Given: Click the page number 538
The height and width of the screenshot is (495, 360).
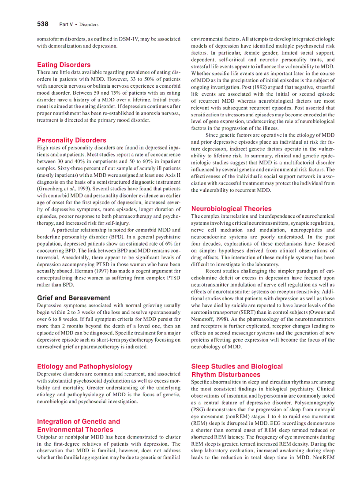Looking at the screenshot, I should click(42, 24).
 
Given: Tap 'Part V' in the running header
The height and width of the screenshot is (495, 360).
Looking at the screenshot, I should click(66, 24).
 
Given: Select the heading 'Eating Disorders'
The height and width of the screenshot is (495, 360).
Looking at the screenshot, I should click(64, 65).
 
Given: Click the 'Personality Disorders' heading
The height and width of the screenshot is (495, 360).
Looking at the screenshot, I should click(71, 140).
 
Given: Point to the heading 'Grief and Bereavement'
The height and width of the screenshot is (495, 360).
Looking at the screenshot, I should click(74, 298).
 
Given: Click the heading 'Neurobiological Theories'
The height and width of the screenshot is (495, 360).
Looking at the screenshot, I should click(231, 208).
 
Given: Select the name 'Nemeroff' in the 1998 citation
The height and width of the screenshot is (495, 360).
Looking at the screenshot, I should click(204, 319).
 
